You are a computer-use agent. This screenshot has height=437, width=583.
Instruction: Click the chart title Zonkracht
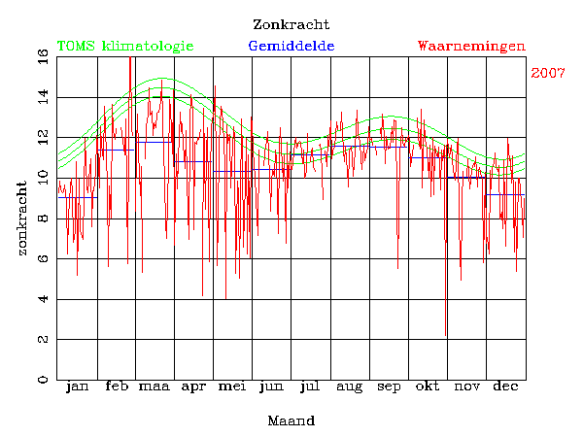291,24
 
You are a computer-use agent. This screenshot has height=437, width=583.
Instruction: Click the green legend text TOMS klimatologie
125,46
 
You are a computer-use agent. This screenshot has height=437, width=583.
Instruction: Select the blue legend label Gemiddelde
291,46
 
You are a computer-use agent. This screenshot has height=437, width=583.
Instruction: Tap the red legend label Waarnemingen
471,46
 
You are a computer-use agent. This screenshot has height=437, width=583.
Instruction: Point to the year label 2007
549,74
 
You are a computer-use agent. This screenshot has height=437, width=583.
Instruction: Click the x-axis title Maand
291,420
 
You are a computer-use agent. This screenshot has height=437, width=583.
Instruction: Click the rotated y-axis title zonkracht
21,218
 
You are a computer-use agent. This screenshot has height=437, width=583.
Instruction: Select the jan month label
77,387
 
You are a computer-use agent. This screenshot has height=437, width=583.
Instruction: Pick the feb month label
116,387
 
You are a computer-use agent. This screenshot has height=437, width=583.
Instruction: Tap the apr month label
193,387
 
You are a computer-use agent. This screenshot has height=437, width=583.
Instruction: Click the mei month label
232,387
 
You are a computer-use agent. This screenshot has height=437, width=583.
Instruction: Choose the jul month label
310,387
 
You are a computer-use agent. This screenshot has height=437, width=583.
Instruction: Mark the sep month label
389,387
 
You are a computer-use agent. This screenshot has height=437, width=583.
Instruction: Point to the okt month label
428,387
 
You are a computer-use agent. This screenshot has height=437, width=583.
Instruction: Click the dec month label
505,387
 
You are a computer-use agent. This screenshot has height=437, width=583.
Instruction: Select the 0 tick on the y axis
43,379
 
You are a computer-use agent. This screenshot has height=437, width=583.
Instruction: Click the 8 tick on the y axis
43,218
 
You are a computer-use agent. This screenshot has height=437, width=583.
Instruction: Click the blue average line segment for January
77,197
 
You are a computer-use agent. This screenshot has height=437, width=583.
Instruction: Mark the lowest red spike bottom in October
446,335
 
